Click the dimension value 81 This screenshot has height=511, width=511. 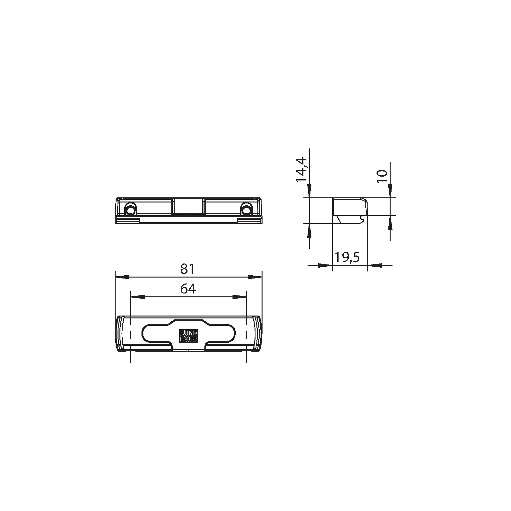click(187, 269)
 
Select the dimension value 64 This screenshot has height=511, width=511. click(188, 289)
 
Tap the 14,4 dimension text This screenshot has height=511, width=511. click(301, 170)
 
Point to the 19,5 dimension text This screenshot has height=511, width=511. click(347, 257)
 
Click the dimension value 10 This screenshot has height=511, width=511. click(382, 176)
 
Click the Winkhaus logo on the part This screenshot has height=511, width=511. click(188, 336)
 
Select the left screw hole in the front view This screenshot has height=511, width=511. click(130, 210)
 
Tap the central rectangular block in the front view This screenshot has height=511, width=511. click(188, 206)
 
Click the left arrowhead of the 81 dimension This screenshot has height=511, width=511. click(122, 277)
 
